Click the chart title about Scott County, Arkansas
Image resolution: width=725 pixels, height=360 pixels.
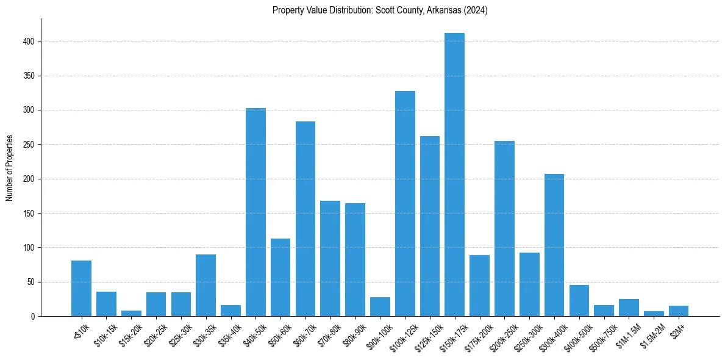point(380,10)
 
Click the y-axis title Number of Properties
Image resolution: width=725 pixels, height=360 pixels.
point(10,167)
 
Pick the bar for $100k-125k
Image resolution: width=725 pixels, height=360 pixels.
point(405,204)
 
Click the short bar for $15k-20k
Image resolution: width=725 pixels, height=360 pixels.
point(131,314)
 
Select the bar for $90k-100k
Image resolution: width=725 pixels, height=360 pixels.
point(380,307)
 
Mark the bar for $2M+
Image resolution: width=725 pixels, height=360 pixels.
point(679,311)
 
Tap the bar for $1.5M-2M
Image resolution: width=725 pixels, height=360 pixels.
point(654,314)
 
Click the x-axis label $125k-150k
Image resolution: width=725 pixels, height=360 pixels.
point(427,333)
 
